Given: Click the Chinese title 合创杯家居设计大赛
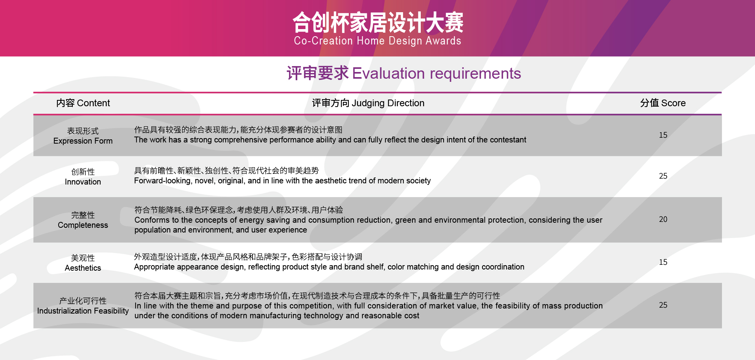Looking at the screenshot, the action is pos(378,22).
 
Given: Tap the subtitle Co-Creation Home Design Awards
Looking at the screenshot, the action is pos(377,41).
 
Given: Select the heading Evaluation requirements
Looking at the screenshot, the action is pos(436,74).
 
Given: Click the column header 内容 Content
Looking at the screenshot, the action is pos(83,103).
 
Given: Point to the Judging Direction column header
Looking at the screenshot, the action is pos(368,103).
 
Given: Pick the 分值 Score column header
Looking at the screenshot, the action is pos(663,103).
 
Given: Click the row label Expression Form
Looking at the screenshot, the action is pos(83,141).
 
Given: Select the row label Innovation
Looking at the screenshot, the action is pos(83,182).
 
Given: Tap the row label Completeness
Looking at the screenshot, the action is pos(83,225).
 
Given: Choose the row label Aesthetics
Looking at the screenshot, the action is pos(83,268).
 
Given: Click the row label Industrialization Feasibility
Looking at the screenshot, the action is pos(83,311).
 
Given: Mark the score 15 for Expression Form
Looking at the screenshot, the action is pos(663,135).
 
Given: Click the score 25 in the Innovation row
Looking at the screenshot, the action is pos(663,176).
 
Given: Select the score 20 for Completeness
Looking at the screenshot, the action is pos(663,219).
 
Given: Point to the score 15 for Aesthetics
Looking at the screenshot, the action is pos(663,262).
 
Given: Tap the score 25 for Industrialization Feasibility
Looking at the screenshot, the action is pos(663,305).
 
